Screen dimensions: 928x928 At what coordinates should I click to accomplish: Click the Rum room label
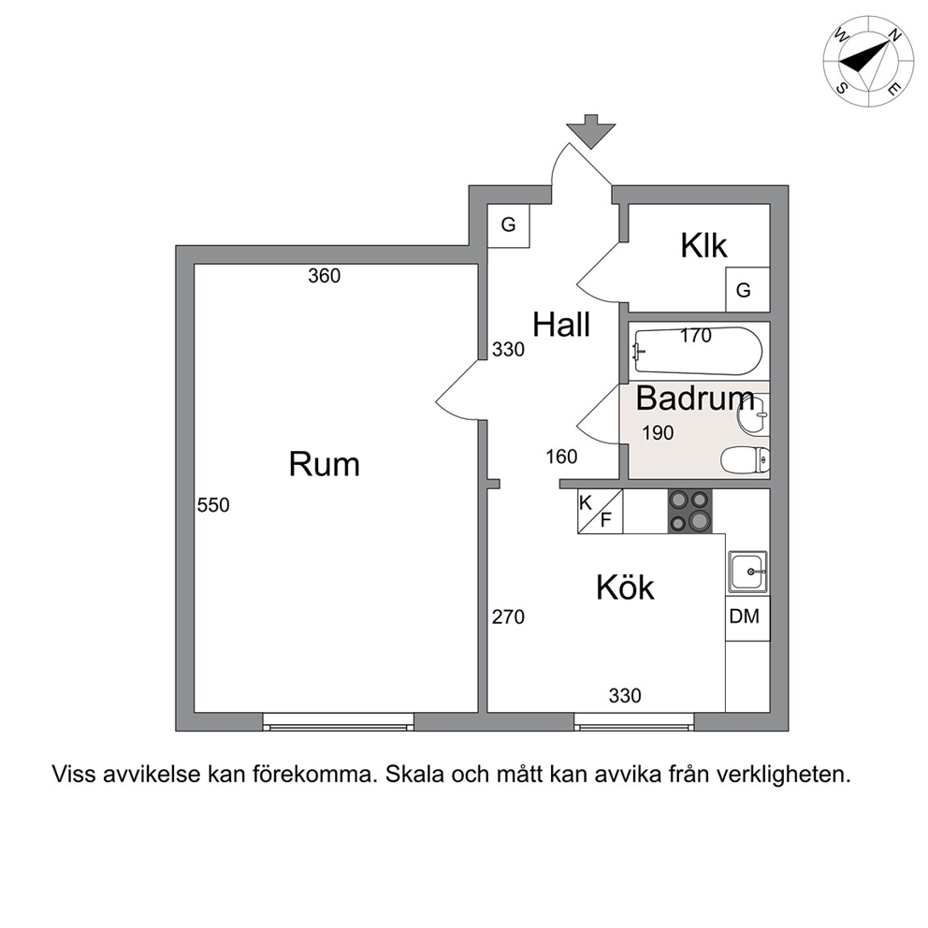[x=325, y=464]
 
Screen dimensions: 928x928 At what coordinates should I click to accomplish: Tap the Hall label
[x=561, y=325]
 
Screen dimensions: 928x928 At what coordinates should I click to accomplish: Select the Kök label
[x=625, y=587]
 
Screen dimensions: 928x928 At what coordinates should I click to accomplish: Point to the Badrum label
[x=695, y=399]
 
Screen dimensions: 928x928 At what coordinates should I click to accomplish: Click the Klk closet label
[x=703, y=245]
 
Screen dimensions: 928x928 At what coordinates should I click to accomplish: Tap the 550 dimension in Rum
[x=213, y=505]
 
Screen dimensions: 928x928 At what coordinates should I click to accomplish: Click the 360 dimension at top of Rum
[x=325, y=276]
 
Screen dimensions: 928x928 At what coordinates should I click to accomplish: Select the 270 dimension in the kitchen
[x=508, y=617]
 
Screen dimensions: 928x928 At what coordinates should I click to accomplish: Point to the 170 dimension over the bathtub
[x=695, y=336]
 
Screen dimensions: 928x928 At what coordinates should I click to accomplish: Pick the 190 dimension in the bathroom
[x=659, y=433]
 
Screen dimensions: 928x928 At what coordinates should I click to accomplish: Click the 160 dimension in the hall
[x=561, y=457]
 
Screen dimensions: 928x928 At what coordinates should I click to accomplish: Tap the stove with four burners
[x=690, y=512]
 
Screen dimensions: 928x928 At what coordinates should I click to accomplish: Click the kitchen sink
[x=748, y=572]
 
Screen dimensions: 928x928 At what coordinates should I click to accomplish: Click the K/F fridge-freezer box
[x=601, y=512]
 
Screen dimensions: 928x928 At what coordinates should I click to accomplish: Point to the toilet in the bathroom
[x=746, y=459]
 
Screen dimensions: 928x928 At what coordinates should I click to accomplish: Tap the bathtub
[x=698, y=351]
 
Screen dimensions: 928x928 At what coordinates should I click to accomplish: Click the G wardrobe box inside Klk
[x=747, y=289]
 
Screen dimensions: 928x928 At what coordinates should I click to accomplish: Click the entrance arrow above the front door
[x=590, y=131]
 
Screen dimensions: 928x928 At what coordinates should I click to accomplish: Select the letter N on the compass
[x=895, y=36]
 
